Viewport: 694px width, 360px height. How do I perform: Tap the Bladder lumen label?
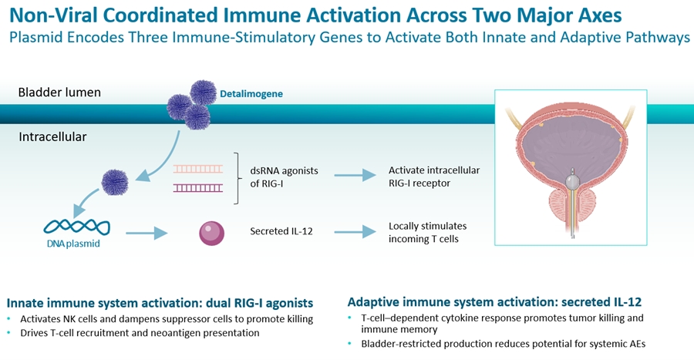tap(59, 93)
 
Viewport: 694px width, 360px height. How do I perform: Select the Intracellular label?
tap(52, 137)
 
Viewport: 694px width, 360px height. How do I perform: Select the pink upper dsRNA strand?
tap(198, 169)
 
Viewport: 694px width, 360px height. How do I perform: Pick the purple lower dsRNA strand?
tap(198, 187)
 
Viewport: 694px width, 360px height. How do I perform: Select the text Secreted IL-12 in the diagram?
tap(281, 231)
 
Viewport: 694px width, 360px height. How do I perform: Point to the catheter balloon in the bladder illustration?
tap(570, 183)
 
